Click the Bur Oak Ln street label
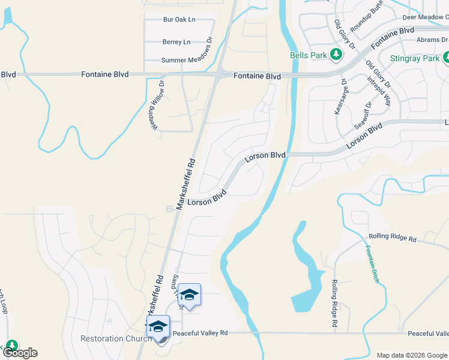coord(179,20)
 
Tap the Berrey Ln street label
coord(176,42)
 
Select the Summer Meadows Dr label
coord(186,60)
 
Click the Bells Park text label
coord(309,55)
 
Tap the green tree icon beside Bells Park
coord(336,55)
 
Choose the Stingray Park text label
coord(414,59)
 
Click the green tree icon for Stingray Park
coord(446,59)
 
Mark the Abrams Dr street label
coord(433,40)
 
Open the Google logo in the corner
coord(20,353)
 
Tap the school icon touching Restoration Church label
coord(158,327)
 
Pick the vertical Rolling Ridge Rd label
coord(335,303)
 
